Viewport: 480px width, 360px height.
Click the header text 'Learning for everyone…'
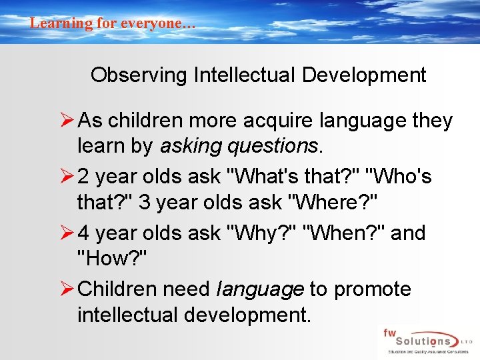tap(113, 23)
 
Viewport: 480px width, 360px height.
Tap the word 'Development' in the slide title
tap(364, 75)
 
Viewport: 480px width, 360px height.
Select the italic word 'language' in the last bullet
tap(261, 290)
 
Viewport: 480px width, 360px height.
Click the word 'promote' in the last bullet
tap(373, 290)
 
